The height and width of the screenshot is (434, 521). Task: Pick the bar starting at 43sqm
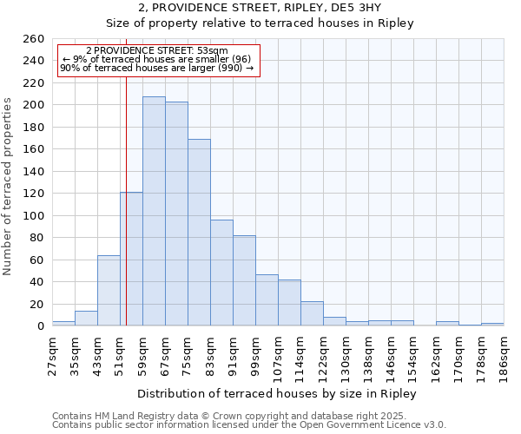[109, 291]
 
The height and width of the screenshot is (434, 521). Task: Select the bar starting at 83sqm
[221, 273]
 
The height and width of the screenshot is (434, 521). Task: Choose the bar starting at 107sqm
[289, 303]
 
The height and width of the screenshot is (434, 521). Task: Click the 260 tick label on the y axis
[33, 39]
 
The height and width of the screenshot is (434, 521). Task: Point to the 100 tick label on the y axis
[33, 215]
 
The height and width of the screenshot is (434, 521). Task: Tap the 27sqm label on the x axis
[52, 354]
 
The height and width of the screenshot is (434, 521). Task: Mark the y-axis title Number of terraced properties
[8, 187]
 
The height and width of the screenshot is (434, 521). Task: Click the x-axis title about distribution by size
[277, 394]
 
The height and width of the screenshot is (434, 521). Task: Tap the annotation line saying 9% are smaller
[157, 59]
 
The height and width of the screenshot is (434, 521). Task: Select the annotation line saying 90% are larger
[157, 68]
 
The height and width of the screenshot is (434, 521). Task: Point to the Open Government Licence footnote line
[249, 425]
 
